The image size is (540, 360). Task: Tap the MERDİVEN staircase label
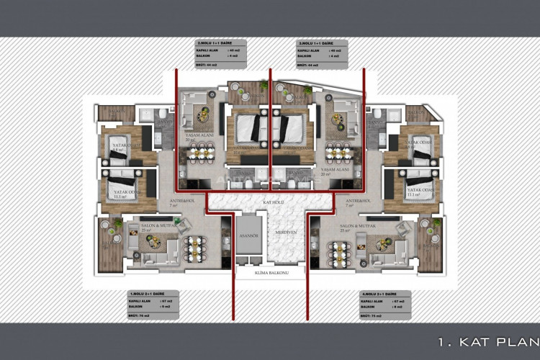point(288,232)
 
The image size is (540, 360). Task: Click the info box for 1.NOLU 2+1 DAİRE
point(153,305)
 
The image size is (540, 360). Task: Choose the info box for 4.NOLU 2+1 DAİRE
point(385,305)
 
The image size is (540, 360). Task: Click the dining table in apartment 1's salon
point(195,248)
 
